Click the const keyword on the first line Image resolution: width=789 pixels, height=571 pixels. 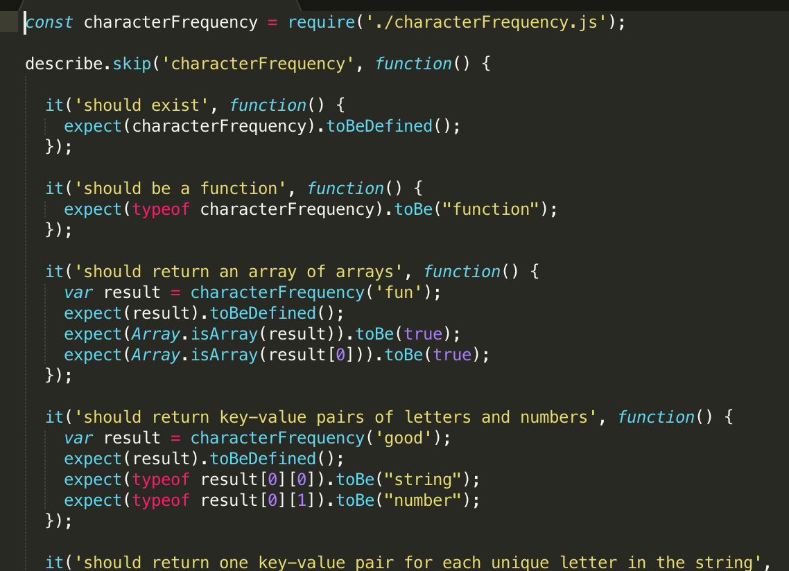(49, 22)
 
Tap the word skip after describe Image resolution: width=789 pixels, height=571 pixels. (132, 64)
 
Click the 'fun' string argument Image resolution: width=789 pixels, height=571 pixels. (399, 292)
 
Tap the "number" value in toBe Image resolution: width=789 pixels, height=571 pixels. (427, 500)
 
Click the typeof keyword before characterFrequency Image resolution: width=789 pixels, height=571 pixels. (160, 209)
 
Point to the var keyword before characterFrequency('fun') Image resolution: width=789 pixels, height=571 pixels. (78, 292)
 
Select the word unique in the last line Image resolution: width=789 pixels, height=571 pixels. (520, 563)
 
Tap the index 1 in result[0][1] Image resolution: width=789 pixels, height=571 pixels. (302, 500)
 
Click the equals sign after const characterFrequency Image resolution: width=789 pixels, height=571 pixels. (272, 22)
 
